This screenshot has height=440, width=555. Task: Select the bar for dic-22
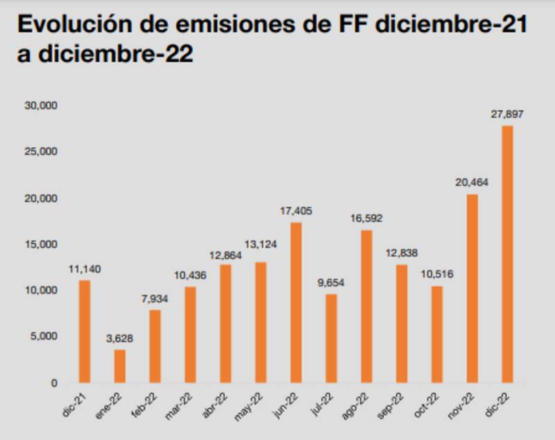coord(507,254)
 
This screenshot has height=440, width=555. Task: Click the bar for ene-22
coord(120,366)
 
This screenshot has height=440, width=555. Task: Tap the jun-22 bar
coord(296,303)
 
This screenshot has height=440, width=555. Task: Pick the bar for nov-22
coord(472,288)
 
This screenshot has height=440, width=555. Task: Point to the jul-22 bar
coord(331,338)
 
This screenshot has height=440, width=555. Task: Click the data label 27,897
coord(507,114)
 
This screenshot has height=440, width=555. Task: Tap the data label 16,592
coord(366,218)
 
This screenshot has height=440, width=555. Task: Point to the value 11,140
coord(85,269)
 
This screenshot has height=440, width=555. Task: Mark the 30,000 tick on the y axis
coord(42,105)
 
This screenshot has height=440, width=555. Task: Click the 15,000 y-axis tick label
coord(42,244)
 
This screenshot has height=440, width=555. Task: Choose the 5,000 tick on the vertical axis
coord(45,337)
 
